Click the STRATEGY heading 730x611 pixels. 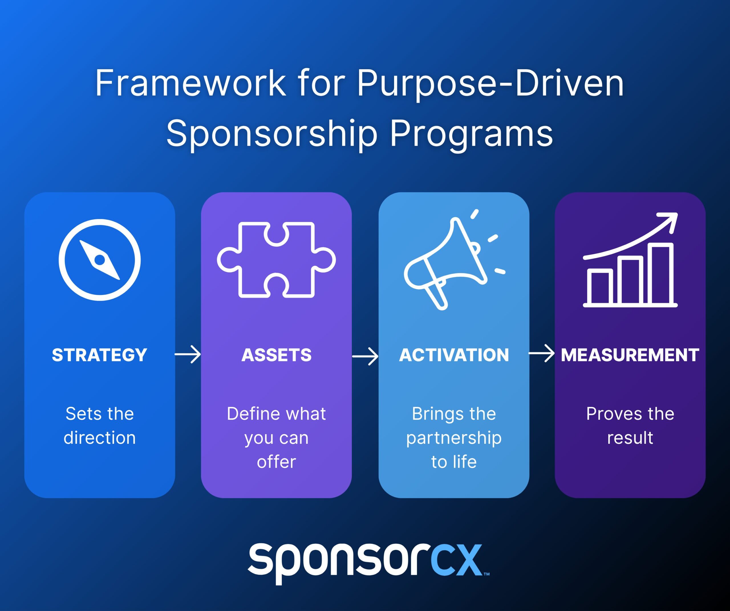[x=100, y=355]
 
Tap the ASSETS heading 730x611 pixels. [x=276, y=355]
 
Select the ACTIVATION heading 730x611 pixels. [x=454, y=355]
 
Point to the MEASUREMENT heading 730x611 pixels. [x=630, y=355]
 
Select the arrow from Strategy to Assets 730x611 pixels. [x=188, y=354]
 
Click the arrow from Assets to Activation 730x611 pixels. [x=365, y=356]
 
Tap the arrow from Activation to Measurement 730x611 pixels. [x=542, y=353]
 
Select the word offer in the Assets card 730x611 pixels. [x=276, y=462]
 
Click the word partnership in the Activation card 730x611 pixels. [x=454, y=438]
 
